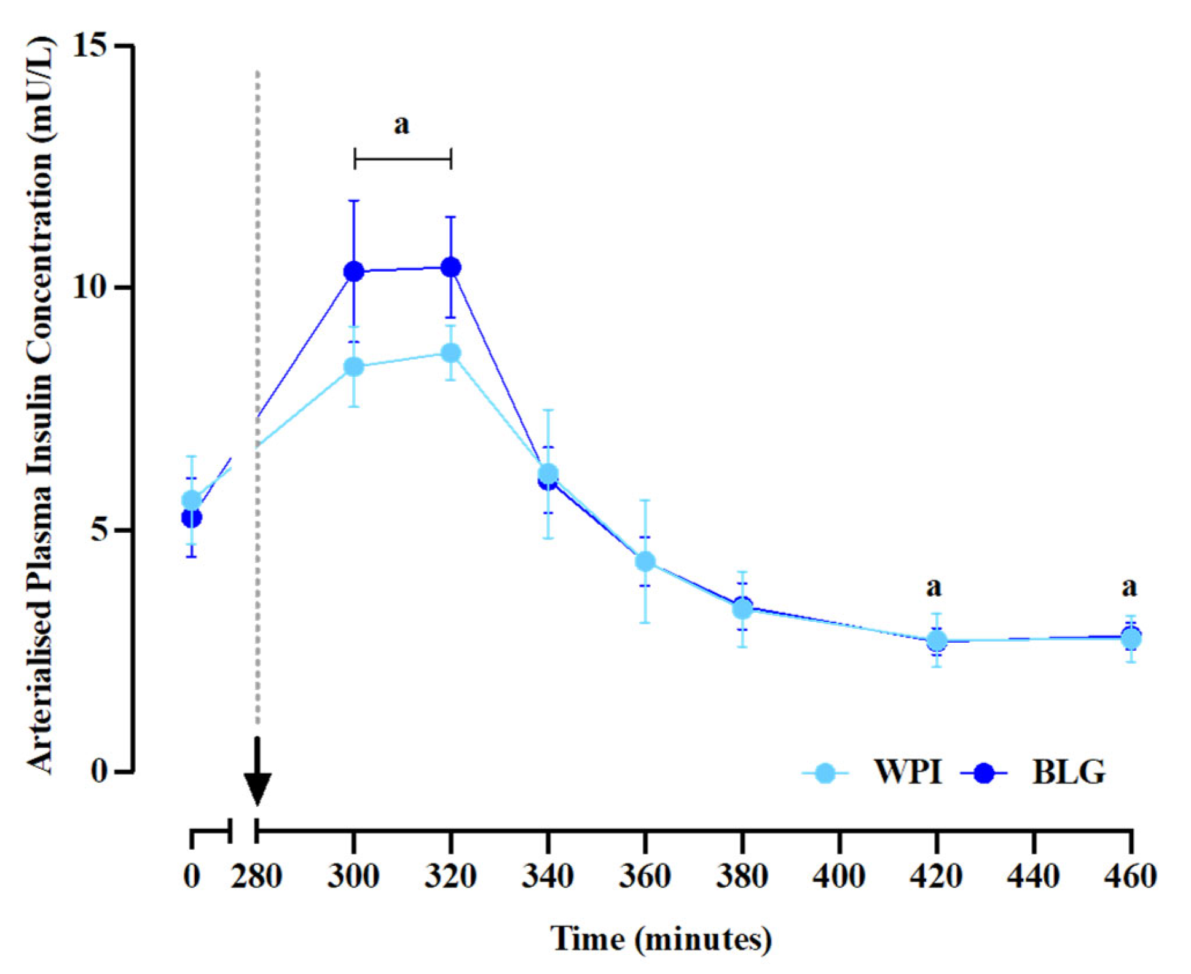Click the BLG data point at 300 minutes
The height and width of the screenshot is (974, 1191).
coord(354,271)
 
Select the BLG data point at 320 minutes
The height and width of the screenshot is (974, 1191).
coord(451,267)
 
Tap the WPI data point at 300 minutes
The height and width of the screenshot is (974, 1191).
coord(354,367)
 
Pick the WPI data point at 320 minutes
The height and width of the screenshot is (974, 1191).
coord(451,353)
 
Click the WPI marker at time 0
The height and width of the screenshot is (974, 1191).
coord(192,500)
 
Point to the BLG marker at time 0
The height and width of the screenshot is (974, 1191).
coord(192,518)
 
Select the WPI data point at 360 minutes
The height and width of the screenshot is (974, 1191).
coord(645,560)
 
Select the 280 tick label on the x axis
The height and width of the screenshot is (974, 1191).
coord(256,876)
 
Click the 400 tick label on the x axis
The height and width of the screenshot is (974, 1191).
coord(839,876)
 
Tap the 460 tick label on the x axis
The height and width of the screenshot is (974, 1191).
coord(1131,876)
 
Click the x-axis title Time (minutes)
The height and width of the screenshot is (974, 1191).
coord(661,939)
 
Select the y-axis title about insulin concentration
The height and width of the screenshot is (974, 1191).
coord(41,406)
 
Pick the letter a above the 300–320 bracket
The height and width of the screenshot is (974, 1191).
coord(401,125)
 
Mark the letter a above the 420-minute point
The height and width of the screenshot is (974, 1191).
coord(934,587)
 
